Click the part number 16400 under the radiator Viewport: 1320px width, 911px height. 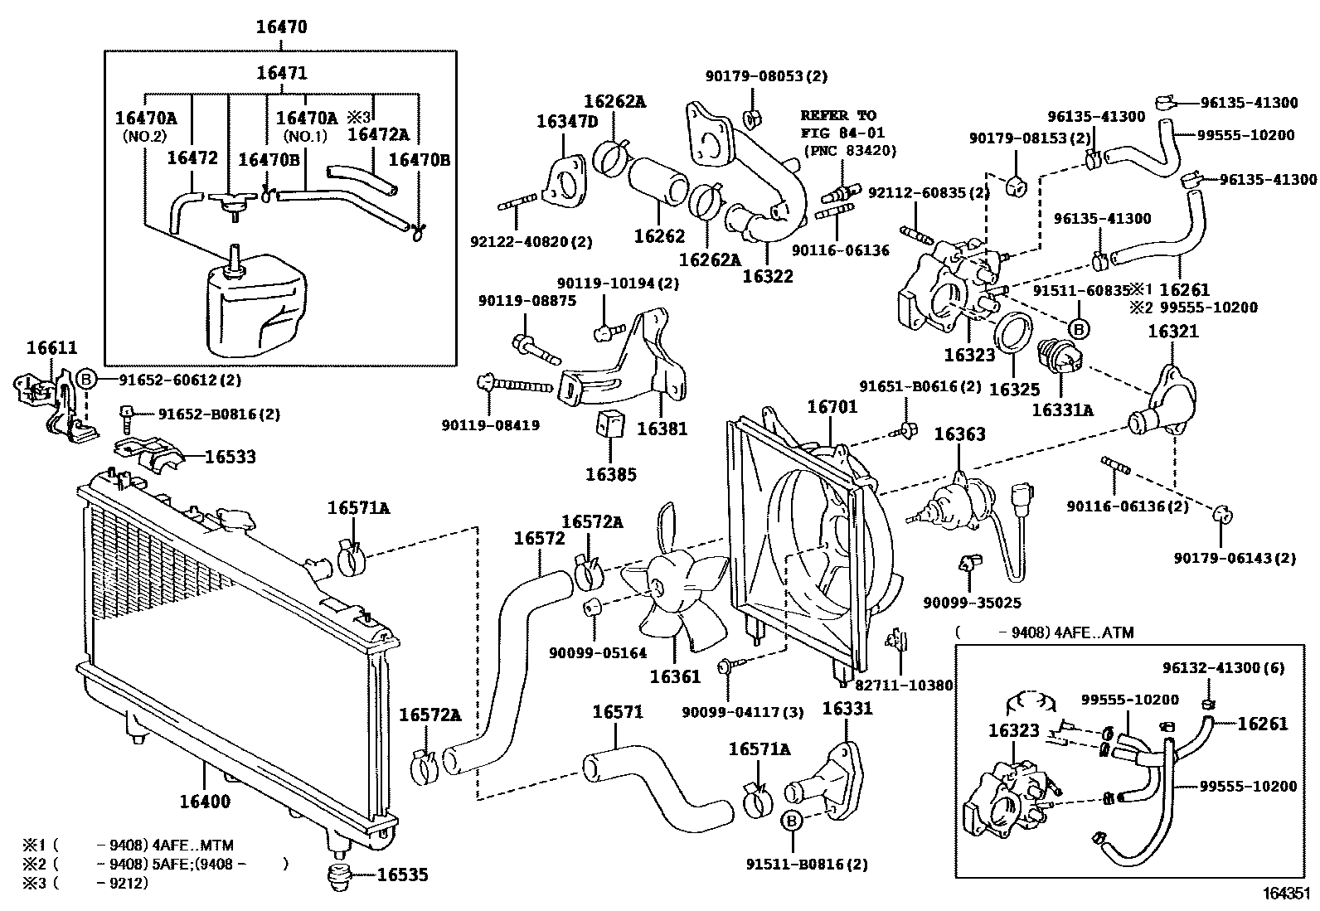205,802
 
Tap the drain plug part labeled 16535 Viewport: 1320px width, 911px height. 339,876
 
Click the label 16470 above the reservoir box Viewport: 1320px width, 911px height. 280,27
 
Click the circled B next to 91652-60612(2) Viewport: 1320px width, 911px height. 87,380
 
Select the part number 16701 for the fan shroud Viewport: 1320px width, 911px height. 832,407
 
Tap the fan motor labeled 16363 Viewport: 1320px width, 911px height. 954,505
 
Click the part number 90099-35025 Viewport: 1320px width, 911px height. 972,603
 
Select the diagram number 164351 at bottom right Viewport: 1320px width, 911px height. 1285,894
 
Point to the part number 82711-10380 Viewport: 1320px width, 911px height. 904,686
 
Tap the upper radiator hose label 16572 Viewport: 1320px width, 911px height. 539,539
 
